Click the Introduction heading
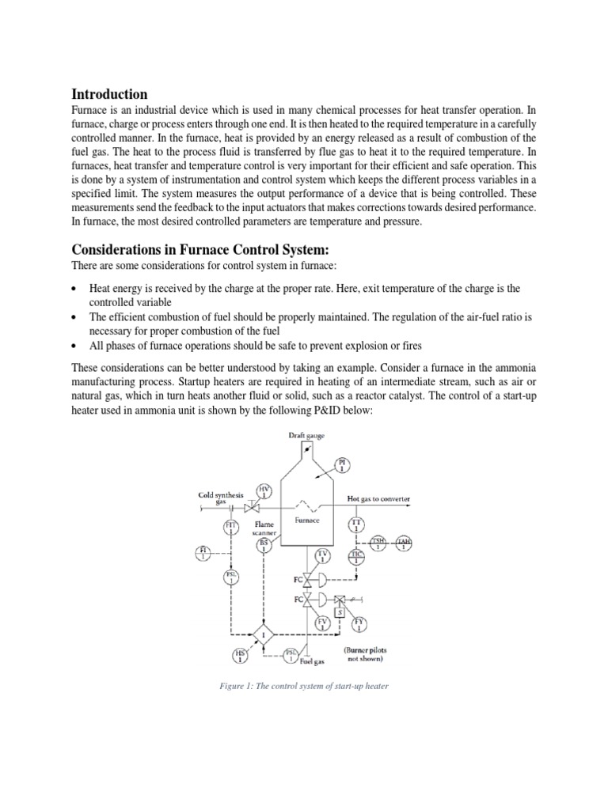109,94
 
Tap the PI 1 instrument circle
343,464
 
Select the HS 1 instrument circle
240,655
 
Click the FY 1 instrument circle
360,624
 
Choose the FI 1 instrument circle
203,551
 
